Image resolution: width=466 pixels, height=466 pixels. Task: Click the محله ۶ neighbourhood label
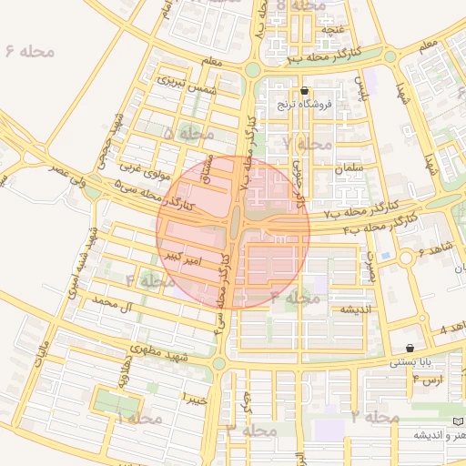click(30, 50)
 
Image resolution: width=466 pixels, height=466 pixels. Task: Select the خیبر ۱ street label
click(195, 399)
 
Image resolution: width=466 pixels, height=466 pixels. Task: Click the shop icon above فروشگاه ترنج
click(304, 90)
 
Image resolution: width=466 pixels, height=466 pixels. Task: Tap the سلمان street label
click(349, 168)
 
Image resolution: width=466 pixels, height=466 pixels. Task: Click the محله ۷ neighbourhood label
click(307, 144)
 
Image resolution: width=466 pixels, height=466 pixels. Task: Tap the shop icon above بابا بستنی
click(410, 348)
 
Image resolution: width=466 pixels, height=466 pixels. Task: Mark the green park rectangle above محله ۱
click(119, 400)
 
